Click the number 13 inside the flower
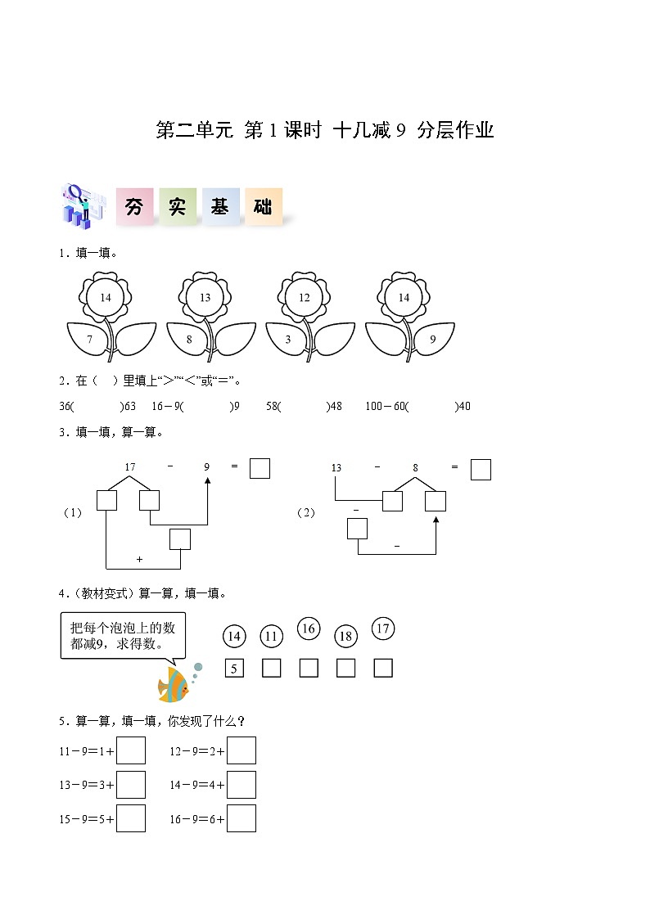pos(205,298)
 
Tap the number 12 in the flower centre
pos(305,298)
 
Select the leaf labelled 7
pos(88,340)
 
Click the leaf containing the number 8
pos(187,340)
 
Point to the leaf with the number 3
pos(287,340)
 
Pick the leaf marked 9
pos(434,339)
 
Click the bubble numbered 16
pos(309,628)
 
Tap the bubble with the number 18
pos(345,637)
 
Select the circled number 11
pos(271,637)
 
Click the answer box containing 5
pos(234,668)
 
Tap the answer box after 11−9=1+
pos(131,750)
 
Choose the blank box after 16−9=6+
pos(241,819)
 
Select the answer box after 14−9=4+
pos(241,785)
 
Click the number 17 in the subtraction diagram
pos(130,467)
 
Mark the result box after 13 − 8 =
pos(481,470)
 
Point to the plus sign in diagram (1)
pos(139,560)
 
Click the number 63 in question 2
pos(130,406)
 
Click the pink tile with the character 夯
pos(135,206)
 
